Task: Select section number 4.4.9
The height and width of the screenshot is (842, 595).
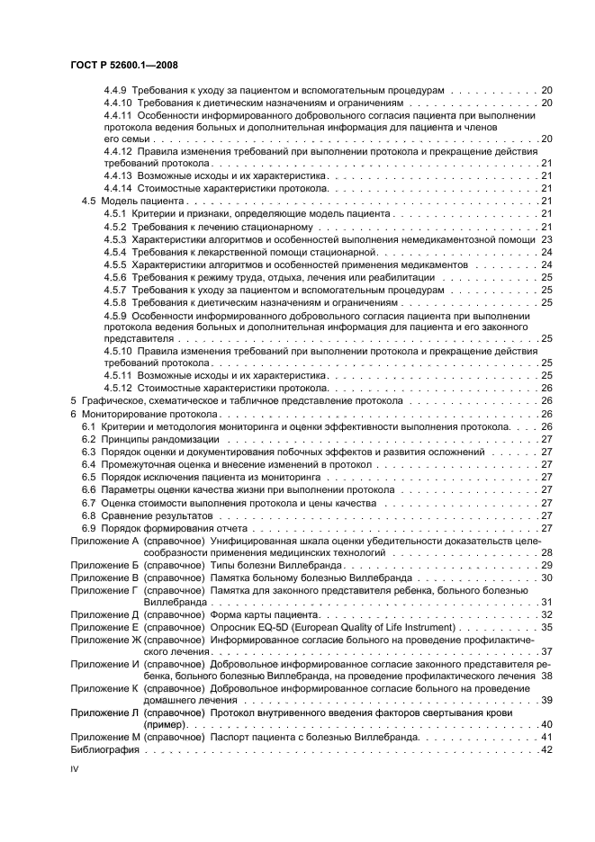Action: pyautogui.click(x=116, y=91)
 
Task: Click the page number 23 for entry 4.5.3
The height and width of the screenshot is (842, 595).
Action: pyautogui.click(x=545, y=239)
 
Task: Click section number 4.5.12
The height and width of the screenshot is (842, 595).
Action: pyautogui.click(x=119, y=388)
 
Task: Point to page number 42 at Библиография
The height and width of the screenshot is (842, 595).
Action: pyautogui.click(x=545, y=750)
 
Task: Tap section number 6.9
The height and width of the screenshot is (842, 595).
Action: pyautogui.click(x=86, y=528)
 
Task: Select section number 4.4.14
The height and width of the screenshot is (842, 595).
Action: pyautogui.click(x=119, y=188)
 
